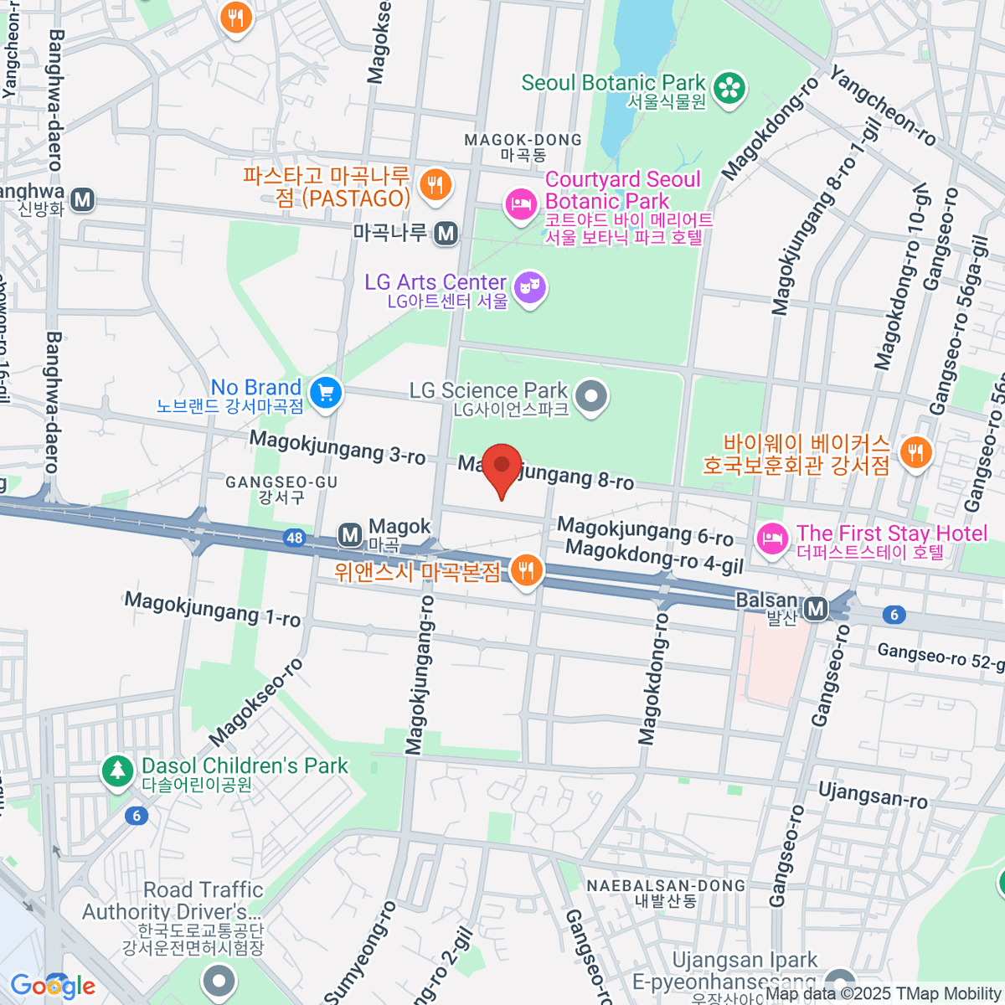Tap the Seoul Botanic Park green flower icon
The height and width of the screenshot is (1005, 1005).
[729, 90]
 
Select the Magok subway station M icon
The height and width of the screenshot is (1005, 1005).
[350, 533]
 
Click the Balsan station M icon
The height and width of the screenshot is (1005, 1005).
[815, 608]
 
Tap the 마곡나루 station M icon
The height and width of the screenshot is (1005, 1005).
[446, 234]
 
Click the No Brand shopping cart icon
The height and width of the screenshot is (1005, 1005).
[326, 393]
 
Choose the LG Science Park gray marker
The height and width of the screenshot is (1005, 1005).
[592, 397]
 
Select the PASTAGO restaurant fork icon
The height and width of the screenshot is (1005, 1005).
[434, 185]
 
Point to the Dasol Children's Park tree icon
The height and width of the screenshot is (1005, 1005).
[117, 771]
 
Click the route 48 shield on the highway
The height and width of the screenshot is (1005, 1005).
[294, 538]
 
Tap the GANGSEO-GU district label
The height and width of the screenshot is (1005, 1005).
[281, 489]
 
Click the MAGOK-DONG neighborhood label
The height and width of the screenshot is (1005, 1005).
[523, 147]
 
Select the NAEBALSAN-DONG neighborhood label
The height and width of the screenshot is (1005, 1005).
[666, 893]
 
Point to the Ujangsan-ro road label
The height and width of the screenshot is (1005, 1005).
[873, 795]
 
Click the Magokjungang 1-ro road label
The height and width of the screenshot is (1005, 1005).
[213, 609]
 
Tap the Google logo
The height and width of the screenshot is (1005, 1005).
[52, 986]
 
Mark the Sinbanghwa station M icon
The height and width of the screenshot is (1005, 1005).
[82, 200]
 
